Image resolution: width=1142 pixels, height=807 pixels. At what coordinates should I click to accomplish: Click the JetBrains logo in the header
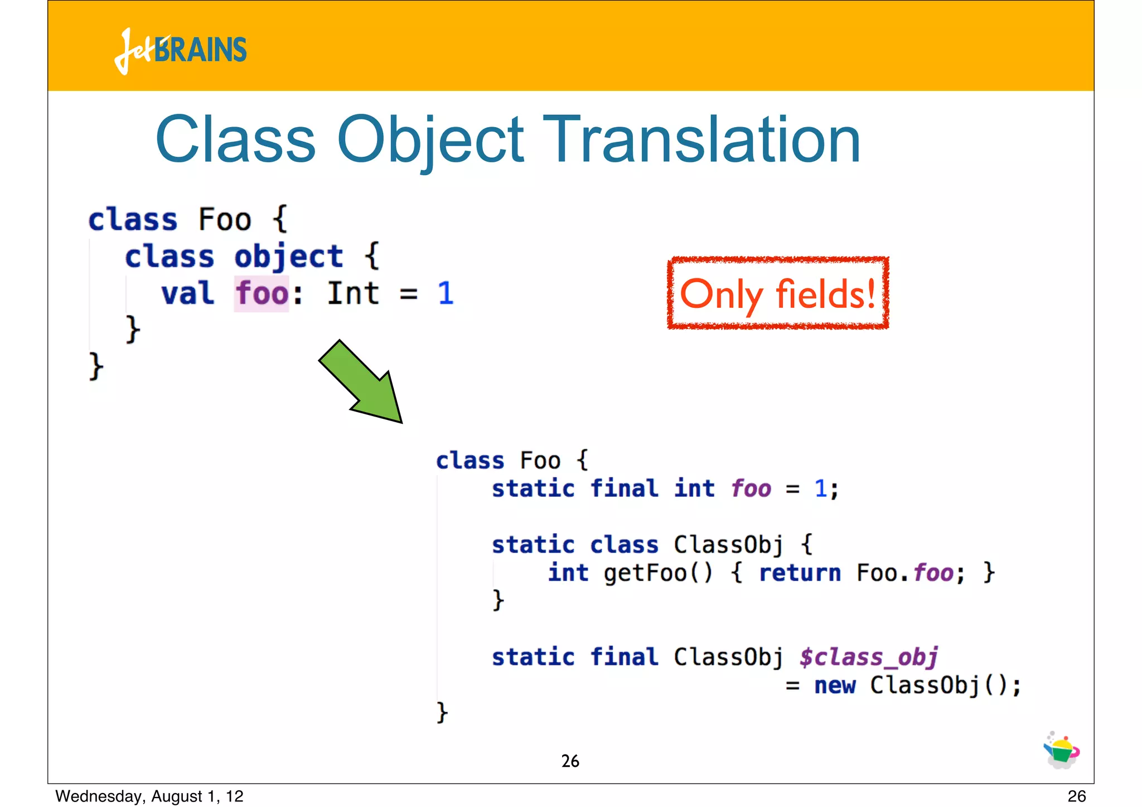tap(181, 50)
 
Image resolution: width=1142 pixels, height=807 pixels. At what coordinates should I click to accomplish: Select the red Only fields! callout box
tap(778, 293)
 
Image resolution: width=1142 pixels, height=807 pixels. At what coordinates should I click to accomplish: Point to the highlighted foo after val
tap(262, 293)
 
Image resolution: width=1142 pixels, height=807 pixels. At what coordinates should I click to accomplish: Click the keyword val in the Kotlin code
tap(187, 293)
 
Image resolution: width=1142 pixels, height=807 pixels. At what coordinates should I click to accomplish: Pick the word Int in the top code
tap(353, 293)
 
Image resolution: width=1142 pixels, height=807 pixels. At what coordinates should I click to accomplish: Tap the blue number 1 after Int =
tap(445, 293)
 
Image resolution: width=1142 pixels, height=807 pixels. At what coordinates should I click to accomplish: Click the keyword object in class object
tap(288, 257)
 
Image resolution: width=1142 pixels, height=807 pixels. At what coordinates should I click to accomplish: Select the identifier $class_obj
tap(868, 657)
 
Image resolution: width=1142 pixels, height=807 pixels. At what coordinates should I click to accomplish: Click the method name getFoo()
tap(658, 573)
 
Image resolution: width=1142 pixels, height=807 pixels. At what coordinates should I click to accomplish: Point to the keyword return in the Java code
tap(800, 573)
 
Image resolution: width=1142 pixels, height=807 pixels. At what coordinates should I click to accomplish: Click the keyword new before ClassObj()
tap(835, 685)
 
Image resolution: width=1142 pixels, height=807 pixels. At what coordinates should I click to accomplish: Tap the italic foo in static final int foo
tap(751, 489)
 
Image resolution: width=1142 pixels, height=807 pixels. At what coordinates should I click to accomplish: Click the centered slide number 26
tap(570, 761)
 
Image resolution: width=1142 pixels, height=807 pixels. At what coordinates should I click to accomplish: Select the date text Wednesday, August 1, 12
tap(149, 796)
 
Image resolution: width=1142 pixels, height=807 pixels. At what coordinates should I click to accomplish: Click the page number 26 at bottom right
tap(1076, 796)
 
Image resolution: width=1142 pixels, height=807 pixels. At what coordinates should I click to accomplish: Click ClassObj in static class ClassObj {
tap(728, 545)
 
